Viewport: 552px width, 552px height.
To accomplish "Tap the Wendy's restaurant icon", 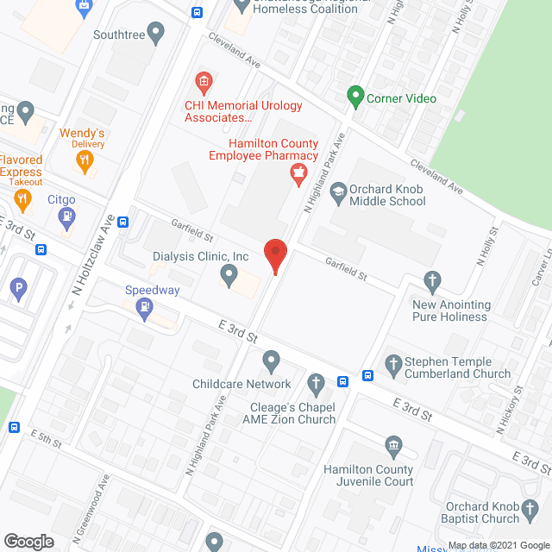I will click(x=83, y=159).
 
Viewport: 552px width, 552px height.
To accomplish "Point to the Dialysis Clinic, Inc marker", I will click(x=229, y=275).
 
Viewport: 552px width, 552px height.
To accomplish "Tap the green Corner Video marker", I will click(x=354, y=97).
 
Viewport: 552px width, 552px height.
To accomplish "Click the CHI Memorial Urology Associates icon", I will click(x=204, y=84).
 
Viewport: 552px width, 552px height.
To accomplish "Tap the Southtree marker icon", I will click(x=155, y=34).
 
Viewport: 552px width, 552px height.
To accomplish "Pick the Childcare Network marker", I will click(x=271, y=361).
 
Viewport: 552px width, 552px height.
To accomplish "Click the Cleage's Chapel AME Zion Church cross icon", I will click(x=316, y=382).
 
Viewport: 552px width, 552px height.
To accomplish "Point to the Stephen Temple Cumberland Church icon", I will click(x=393, y=364).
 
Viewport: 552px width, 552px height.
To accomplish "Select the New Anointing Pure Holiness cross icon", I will click(x=433, y=281).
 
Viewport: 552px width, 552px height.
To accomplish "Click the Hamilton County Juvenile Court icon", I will click(x=393, y=446).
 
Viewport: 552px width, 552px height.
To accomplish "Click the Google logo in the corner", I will click(x=28, y=541).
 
